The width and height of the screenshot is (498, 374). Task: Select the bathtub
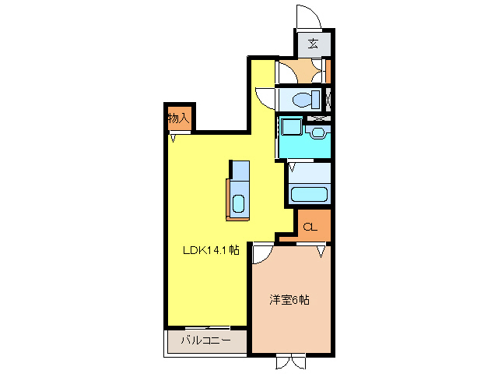[309, 195]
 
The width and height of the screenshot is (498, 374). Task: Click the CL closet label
[309, 228]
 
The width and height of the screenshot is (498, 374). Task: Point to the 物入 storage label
[178, 118]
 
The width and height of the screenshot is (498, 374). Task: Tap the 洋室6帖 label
[289, 299]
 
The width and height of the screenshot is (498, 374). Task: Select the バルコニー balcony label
[205, 340]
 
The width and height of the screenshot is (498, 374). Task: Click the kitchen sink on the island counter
[238, 205]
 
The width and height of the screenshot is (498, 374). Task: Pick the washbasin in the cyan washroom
[318, 132]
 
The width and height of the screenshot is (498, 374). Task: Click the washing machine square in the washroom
[291, 125]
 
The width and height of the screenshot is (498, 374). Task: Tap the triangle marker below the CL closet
[320, 250]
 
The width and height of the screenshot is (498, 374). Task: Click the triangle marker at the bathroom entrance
[293, 166]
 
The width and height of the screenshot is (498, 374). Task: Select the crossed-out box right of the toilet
[329, 99]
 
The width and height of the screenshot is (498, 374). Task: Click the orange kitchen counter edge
[229, 199]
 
